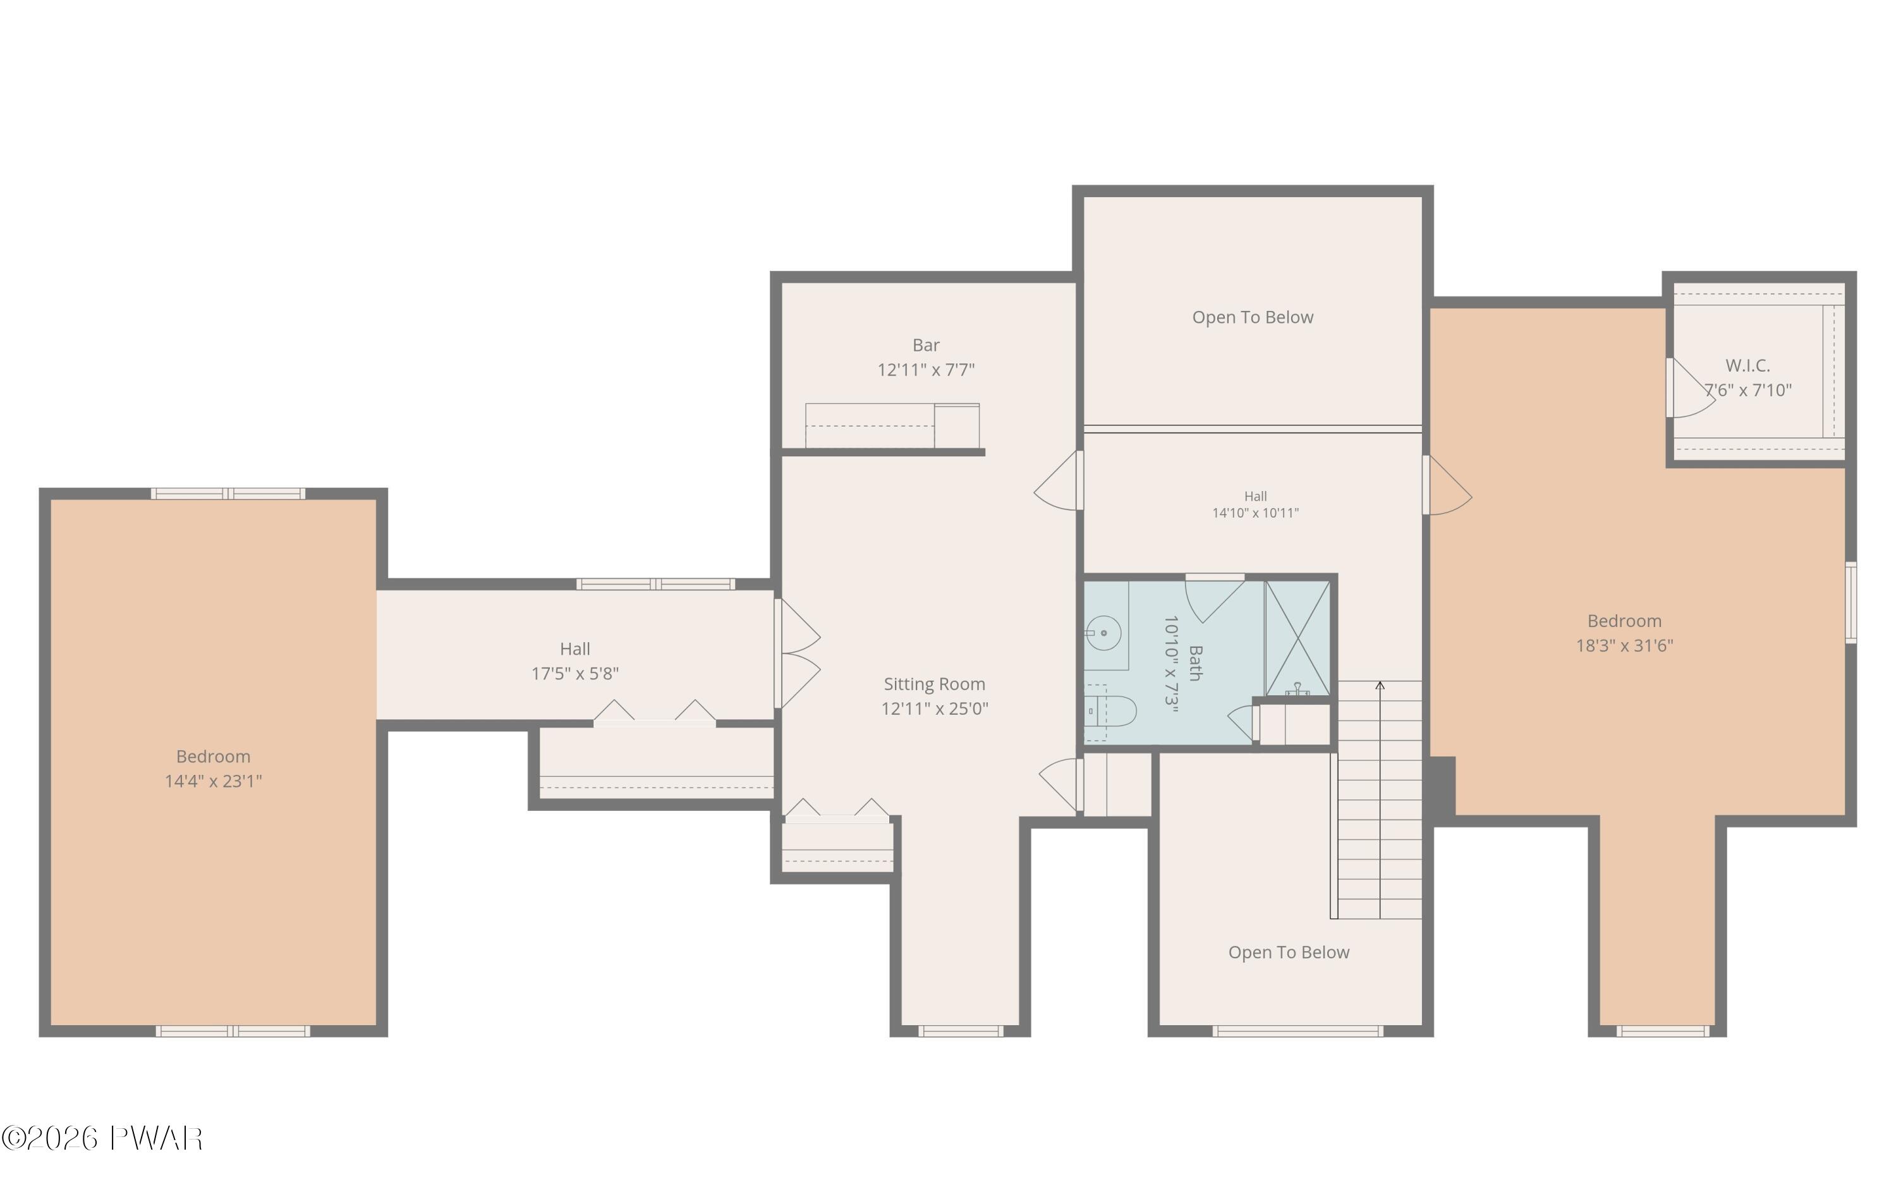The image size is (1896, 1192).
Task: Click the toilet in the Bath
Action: click(x=1110, y=712)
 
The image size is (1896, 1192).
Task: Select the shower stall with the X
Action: click(x=1297, y=638)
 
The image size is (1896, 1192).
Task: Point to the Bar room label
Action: click(x=926, y=345)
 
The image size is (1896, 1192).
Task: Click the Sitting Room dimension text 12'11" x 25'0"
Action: click(x=935, y=709)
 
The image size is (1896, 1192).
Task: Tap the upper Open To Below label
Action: click(x=1253, y=317)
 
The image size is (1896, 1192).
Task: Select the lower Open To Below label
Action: click(x=1289, y=952)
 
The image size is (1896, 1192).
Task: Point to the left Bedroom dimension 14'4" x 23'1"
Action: click(x=214, y=781)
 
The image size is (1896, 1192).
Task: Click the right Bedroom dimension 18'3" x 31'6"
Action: click(x=1624, y=645)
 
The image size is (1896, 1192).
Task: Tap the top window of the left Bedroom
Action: click(x=228, y=494)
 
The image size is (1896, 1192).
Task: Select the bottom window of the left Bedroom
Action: click(x=233, y=1031)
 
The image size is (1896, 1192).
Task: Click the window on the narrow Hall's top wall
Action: click(x=656, y=584)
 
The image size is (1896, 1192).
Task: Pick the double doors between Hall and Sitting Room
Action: click(x=798, y=654)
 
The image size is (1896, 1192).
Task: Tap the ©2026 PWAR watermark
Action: click(x=102, y=1138)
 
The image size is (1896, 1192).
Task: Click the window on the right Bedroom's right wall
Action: click(x=1851, y=602)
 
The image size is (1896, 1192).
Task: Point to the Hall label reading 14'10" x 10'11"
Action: click(x=1256, y=504)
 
